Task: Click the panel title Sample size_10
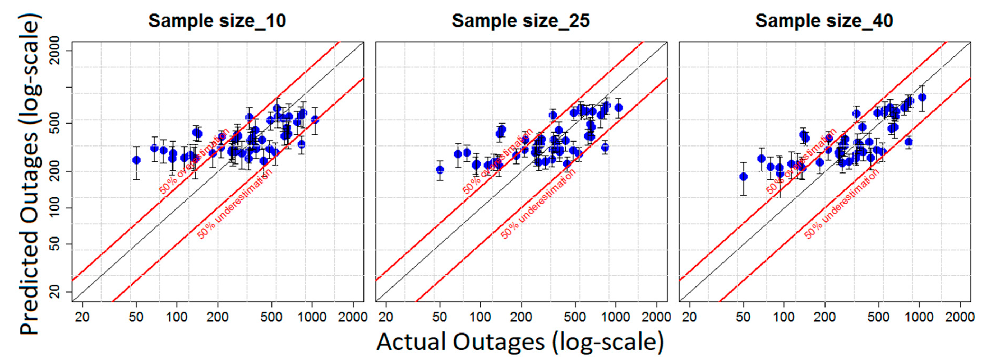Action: [x=217, y=21]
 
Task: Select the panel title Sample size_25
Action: [x=521, y=21]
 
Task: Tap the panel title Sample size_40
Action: [x=824, y=21]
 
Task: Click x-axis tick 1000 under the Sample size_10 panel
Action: [x=312, y=317]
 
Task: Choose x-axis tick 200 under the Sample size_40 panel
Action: [x=824, y=317]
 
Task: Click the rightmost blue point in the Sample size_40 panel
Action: [x=922, y=97]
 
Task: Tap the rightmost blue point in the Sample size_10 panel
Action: [x=315, y=119]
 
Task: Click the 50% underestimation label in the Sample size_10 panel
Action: [x=235, y=204]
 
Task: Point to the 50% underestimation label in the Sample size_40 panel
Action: [x=842, y=204]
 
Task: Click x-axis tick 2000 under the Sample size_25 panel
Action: [x=656, y=317]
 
